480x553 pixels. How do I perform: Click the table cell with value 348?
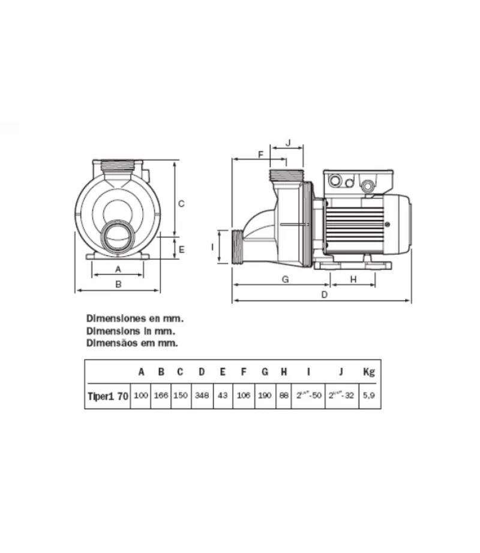click(202, 397)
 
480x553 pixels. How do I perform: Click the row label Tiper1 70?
click(107, 397)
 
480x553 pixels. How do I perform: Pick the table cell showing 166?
click(161, 397)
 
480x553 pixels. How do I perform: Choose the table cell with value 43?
click(222, 397)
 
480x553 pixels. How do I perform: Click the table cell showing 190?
click(264, 397)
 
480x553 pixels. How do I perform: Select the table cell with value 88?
click(284, 397)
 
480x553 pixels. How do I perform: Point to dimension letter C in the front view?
click(181, 203)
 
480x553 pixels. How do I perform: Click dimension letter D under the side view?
click(325, 295)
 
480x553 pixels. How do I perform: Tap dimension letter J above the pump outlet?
click(288, 142)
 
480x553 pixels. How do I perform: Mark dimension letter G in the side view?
click(286, 279)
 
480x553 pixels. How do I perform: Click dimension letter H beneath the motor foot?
click(353, 279)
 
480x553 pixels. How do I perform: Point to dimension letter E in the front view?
click(181, 248)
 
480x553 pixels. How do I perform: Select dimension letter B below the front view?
click(118, 284)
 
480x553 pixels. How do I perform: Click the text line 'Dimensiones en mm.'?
click(135, 318)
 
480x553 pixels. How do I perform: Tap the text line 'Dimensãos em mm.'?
click(133, 343)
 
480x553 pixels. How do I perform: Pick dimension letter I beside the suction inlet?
click(212, 246)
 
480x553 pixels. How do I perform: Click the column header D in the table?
click(202, 371)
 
